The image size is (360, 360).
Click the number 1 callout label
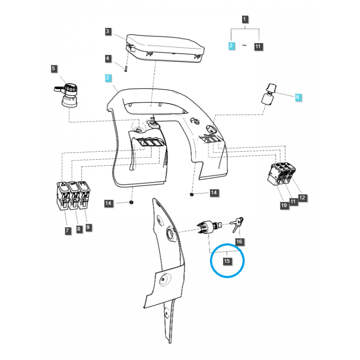coord(245,19)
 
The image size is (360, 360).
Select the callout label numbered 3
coord(108,31)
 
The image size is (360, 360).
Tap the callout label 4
coord(108,58)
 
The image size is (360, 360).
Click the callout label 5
coord(54,69)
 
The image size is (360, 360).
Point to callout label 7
coord(67,231)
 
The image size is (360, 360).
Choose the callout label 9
coord(89,228)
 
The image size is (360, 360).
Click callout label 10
coord(283,205)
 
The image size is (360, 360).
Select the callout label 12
coord(302,198)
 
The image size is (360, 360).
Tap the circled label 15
coord(227,261)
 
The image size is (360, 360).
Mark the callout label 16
coord(239,242)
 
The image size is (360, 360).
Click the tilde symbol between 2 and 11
coord(245,46)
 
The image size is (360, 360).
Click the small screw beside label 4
coord(127,68)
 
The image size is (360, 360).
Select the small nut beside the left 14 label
coord(131,202)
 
